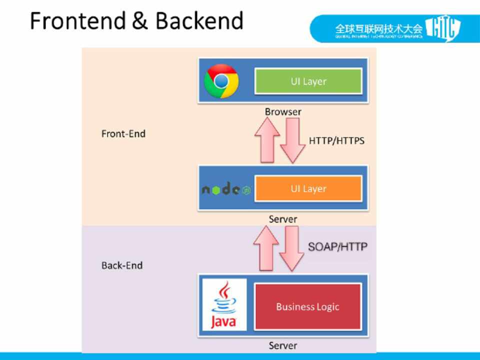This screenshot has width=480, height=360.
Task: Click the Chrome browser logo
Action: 221,81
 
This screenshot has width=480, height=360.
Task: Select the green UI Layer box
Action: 308,81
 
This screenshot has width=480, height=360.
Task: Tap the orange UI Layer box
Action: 308,188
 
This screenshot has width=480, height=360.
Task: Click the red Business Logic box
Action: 307,306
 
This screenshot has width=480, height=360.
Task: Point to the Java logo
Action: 223,305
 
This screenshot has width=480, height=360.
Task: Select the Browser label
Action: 283,112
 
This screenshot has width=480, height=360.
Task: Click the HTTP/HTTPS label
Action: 336,140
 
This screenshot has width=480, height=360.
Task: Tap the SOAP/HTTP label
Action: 338,246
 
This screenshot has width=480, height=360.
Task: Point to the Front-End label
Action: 123,134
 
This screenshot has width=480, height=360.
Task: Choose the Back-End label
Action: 122,265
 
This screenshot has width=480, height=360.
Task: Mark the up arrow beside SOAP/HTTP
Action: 266,248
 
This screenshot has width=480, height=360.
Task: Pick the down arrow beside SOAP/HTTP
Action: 291,248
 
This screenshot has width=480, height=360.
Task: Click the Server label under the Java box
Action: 283,345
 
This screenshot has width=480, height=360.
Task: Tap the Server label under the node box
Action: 283,219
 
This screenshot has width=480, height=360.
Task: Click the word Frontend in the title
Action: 77,21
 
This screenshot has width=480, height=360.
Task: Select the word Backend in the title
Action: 199,21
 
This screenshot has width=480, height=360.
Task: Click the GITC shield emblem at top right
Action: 442,28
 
